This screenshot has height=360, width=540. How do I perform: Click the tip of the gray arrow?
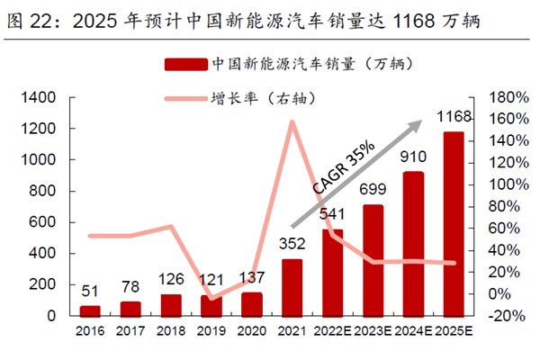pyautogui.click(x=423, y=121)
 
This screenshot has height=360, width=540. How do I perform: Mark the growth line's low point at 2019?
pyautogui.click(x=211, y=298)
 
